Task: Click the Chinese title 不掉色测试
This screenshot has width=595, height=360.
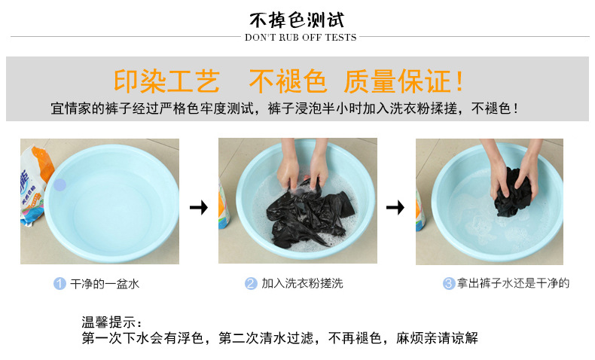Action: coord(297,20)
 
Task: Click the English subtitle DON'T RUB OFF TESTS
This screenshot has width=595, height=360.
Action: coord(301,37)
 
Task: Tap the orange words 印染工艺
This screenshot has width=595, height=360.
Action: coord(166,81)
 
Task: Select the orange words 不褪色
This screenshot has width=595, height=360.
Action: coord(288,81)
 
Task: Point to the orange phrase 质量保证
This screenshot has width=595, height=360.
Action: coord(398,81)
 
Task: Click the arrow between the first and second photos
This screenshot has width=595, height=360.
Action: coord(199,207)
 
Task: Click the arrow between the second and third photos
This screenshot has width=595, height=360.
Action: coord(395,207)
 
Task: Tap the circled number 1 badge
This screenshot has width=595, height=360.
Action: coord(59,283)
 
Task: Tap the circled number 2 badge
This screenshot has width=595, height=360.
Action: coord(251,283)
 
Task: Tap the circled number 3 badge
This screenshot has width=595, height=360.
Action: coord(449,283)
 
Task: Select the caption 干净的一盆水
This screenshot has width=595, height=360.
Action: coord(105,284)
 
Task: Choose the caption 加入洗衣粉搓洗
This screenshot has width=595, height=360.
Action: coord(302,283)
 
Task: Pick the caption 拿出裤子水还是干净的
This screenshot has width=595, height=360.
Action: coord(513,283)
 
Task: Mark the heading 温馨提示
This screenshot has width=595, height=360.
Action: coord(111,322)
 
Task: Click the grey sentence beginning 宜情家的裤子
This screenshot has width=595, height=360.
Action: coord(285,108)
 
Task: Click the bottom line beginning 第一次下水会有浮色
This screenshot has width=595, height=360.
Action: coord(279,338)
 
